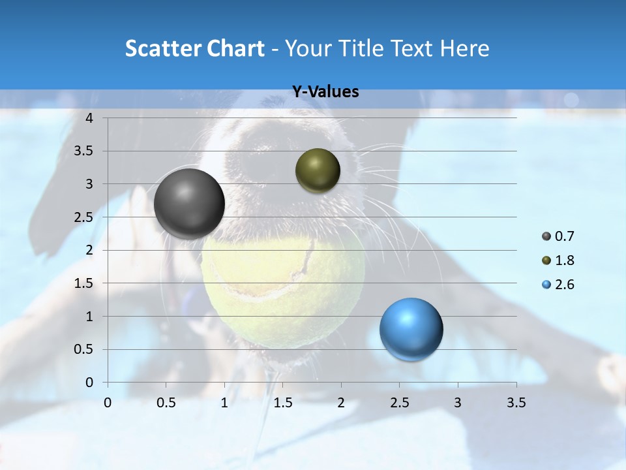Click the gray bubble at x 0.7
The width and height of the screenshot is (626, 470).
[189, 204]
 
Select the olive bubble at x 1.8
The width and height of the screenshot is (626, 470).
[318, 170]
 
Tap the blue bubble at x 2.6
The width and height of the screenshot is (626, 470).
[411, 329]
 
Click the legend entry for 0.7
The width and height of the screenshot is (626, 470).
[558, 236]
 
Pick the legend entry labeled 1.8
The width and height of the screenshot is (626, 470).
[558, 260]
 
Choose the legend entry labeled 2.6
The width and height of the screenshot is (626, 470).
[558, 285]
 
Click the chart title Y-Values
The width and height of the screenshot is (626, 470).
[325, 92]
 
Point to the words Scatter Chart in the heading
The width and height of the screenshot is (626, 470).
[194, 48]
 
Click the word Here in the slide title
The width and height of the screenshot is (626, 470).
[464, 48]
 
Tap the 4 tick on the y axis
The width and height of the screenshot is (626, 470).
[89, 118]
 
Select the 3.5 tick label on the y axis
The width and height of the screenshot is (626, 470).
[83, 151]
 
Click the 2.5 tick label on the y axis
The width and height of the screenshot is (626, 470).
[83, 217]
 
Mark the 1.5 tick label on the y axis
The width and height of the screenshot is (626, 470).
[83, 283]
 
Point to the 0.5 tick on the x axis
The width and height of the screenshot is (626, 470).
[166, 403]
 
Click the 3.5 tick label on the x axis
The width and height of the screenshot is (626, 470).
[516, 403]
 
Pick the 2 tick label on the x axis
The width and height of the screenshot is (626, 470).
[341, 403]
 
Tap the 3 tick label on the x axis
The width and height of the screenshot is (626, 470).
[458, 403]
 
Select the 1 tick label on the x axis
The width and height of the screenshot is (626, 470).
[224, 403]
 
